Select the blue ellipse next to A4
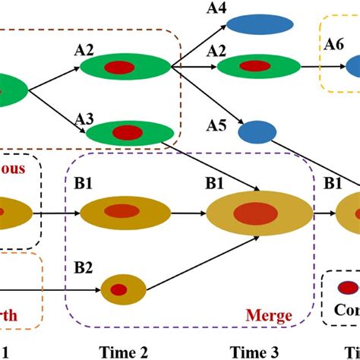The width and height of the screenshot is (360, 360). click(x=262, y=25)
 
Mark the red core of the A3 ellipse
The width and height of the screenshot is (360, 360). click(x=127, y=133)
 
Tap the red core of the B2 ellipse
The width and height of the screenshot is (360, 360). click(x=118, y=289)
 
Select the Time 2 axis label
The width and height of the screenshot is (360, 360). click(x=123, y=352)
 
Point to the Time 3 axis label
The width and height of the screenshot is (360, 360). click(x=254, y=352)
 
